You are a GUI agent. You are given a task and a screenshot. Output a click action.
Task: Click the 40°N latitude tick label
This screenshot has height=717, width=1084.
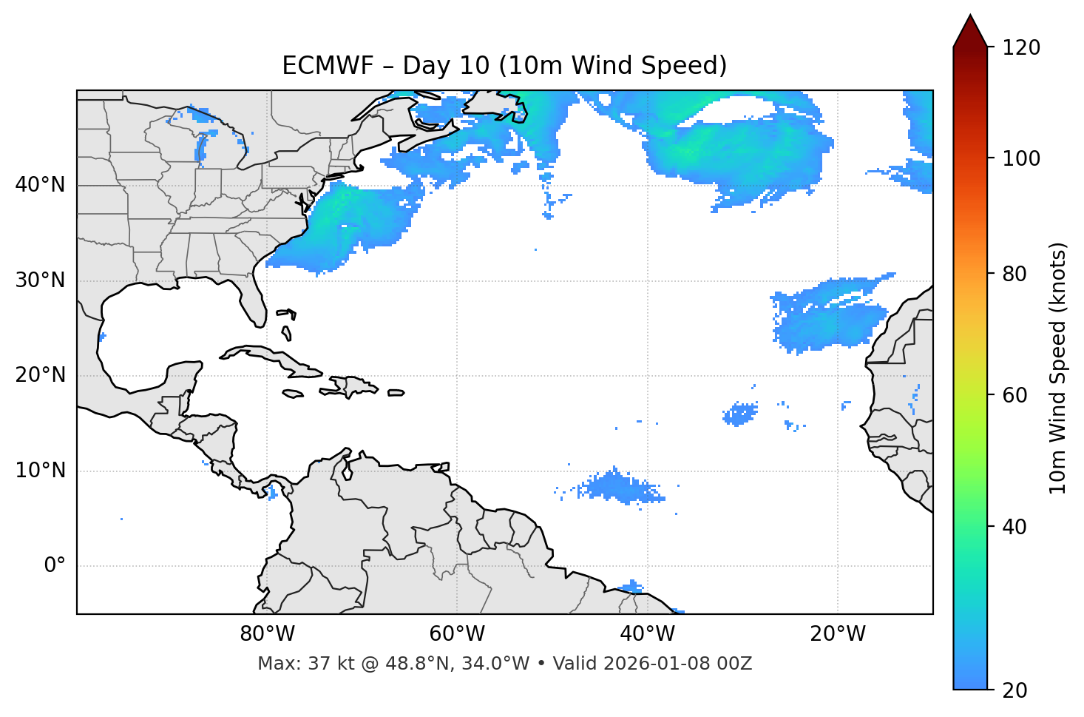pyautogui.click(x=40, y=185)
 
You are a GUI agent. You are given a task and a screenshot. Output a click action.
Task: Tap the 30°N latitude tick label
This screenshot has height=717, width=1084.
pyautogui.click(x=40, y=280)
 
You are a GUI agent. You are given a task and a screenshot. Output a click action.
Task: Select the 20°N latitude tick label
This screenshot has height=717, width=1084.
pyautogui.click(x=40, y=375)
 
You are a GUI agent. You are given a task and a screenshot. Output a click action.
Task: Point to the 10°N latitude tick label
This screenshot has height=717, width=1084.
pyautogui.click(x=40, y=471)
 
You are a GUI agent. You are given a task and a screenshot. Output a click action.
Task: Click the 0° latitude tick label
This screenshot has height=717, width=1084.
pyautogui.click(x=55, y=566)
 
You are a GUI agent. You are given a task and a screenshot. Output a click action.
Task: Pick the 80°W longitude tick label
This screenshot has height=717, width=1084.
pyautogui.click(x=267, y=634)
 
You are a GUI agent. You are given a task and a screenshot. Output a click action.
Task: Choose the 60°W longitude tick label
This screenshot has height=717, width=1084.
pyautogui.click(x=457, y=634)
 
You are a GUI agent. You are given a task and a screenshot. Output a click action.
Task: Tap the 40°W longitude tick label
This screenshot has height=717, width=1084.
pyautogui.click(x=647, y=634)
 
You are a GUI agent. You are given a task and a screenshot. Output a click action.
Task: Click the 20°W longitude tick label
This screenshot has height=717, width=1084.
pyautogui.click(x=838, y=634)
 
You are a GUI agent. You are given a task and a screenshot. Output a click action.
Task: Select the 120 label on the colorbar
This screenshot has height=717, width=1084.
pyautogui.click(x=1020, y=48)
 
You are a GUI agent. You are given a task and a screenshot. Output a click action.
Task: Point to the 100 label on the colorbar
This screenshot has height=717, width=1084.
pyautogui.click(x=1020, y=158)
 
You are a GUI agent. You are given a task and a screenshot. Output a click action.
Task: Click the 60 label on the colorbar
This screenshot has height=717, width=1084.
pyautogui.click(x=1014, y=395)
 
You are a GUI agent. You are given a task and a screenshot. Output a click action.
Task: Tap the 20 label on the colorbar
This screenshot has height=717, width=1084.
pyautogui.click(x=1014, y=690)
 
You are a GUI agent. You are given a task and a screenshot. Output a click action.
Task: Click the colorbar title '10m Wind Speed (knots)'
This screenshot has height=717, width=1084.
pyautogui.click(x=1058, y=368)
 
